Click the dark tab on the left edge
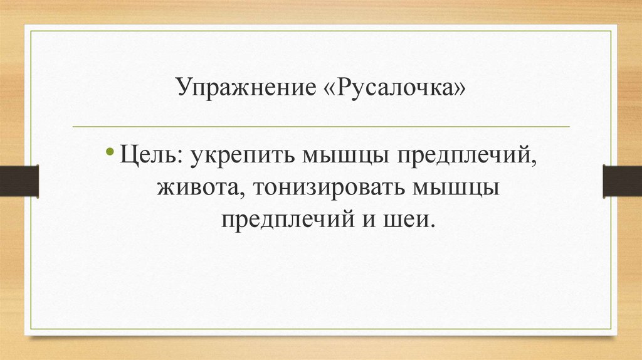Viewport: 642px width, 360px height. pos(19,181)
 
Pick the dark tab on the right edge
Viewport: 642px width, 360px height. pos(622,181)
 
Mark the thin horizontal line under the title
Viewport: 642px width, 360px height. pos(321,127)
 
